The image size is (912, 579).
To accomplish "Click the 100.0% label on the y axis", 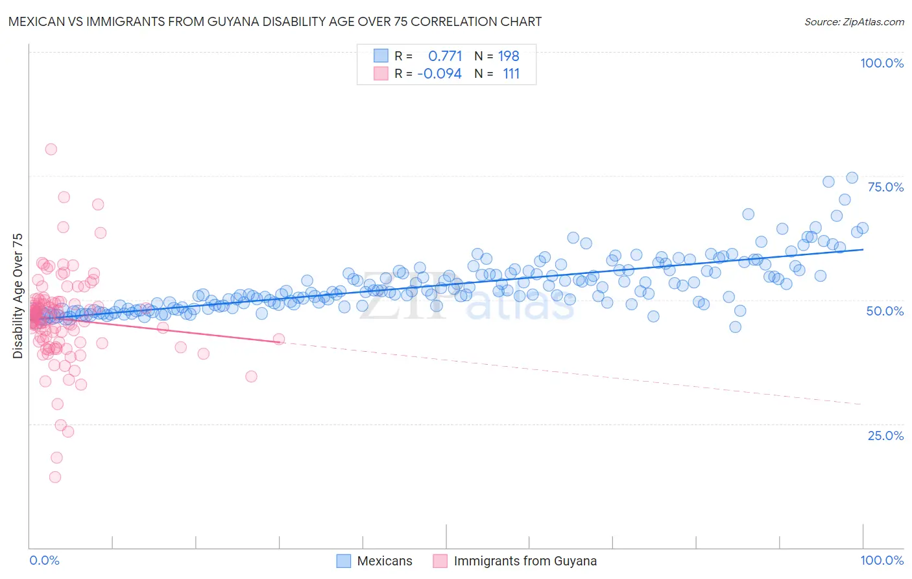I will click(x=882, y=63).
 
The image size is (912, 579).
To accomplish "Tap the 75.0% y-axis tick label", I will click(x=885, y=187).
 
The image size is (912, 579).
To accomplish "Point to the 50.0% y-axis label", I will click(x=885, y=311).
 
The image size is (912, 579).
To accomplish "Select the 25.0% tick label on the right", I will click(x=885, y=435).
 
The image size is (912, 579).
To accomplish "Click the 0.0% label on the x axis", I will click(x=44, y=560).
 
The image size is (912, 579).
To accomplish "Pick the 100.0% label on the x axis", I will click(x=882, y=560).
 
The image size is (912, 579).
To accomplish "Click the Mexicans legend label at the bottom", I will click(x=385, y=561).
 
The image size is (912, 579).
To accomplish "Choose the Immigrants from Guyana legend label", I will click(x=525, y=561).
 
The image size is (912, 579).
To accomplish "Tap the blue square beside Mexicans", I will click(x=344, y=561).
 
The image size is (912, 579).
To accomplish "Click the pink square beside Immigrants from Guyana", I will click(x=440, y=561).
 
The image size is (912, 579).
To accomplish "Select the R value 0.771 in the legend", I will click(x=445, y=56).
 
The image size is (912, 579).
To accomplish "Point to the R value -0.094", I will click(x=440, y=73).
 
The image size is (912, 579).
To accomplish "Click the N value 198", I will click(x=509, y=56).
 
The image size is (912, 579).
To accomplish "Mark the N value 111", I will click(x=511, y=73).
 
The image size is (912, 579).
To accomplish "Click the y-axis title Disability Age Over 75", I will click(x=18, y=296).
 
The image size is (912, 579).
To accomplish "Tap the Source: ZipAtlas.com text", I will click(x=854, y=21).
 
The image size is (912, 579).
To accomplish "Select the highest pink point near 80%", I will click(x=51, y=149).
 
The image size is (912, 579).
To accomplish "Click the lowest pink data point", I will click(x=55, y=477).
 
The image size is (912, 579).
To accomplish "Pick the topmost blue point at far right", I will click(x=852, y=178).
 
